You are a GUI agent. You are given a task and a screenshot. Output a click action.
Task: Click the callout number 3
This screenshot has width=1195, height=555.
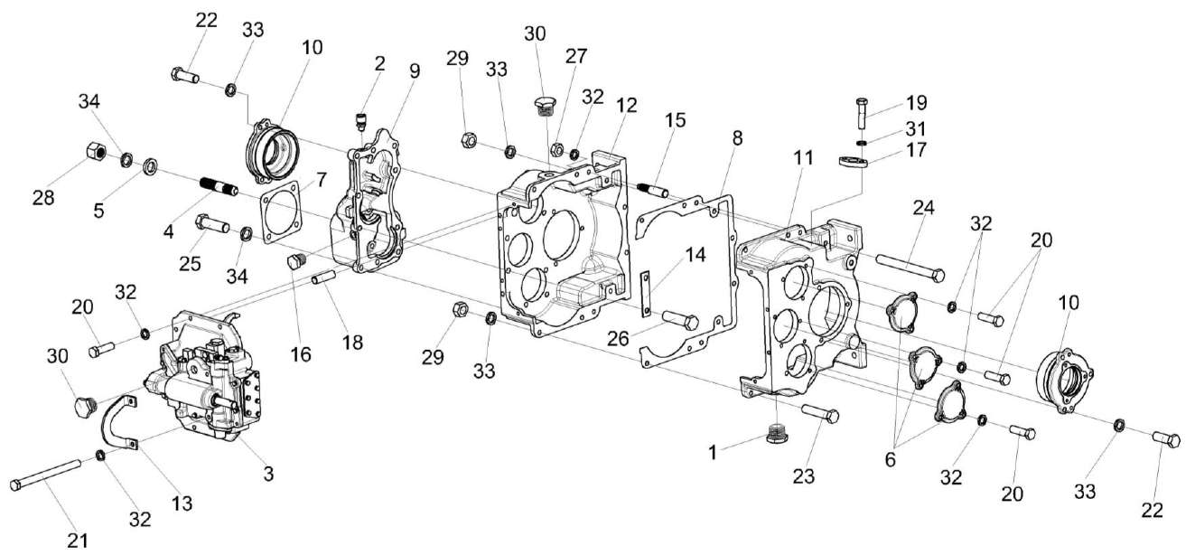267,472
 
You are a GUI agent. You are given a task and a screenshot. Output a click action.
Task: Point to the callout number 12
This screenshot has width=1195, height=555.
626,104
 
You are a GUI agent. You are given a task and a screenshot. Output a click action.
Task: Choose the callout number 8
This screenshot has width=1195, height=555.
738,138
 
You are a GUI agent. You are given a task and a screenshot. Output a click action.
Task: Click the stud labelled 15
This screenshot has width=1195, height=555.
652,190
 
